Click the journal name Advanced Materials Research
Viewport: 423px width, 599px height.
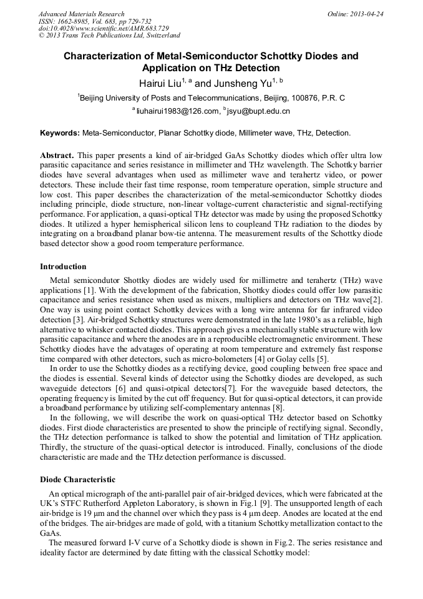coord(81,14)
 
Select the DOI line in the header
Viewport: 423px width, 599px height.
coord(104,29)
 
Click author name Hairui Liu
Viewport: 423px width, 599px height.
coord(160,82)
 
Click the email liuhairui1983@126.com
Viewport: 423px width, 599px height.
coord(177,111)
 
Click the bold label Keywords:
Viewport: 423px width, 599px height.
coord(60,133)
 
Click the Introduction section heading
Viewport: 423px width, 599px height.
coord(64,267)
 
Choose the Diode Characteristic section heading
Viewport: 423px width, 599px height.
coord(77,479)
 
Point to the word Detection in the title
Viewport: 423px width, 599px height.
coord(255,68)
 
